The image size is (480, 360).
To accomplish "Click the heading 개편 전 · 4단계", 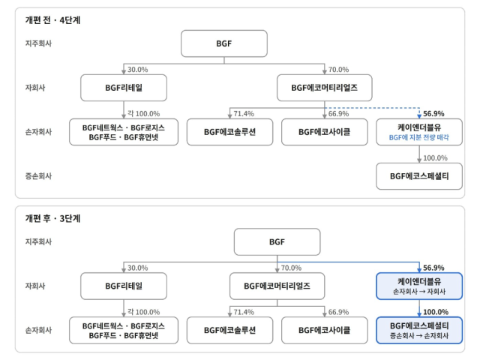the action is (52, 20).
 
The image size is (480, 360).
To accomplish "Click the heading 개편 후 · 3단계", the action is (52, 218).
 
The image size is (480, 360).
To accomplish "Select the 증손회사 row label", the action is (38, 176).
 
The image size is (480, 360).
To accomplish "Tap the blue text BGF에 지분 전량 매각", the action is (418, 137).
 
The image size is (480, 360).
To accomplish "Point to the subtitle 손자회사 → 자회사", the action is (419, 292).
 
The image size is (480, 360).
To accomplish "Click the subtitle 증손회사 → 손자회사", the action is (419, 336).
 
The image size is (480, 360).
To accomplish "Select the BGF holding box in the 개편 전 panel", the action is (224, 43).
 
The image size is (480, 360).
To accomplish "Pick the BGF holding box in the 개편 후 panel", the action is (277, 241).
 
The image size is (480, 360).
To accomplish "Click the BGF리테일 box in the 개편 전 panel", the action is (124, 88).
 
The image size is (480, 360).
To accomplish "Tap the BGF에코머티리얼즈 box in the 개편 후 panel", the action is (277, 286).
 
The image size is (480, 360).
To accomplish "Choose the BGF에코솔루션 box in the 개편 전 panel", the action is (229, 132).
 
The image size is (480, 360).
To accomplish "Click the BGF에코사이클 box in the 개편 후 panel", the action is (325, 330).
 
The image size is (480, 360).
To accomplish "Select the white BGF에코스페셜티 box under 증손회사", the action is (419, 176).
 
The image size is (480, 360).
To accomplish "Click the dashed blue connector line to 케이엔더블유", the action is (372, 108).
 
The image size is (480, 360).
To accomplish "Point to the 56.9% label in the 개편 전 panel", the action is (433, 113).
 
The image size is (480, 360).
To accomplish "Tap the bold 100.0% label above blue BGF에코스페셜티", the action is (436, 312).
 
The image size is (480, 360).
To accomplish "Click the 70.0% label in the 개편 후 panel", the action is (291, 268).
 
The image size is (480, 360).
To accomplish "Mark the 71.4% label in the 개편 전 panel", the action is (244, 114).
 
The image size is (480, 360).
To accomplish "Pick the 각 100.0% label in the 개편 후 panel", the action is (143, 312).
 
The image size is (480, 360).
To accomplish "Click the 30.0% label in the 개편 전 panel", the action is (137, 70).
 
